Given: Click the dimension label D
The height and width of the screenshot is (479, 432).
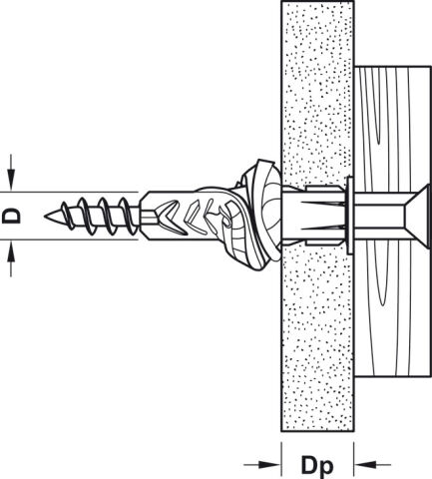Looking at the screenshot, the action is (x=11, y=216).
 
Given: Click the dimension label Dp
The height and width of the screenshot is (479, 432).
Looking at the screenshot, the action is (x=316, y=466).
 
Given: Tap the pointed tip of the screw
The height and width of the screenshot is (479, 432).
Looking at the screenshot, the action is (x=45, y=216).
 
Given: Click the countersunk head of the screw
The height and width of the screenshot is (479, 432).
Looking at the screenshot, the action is (x=416, y=216).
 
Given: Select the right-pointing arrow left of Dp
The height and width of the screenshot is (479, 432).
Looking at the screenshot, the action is (x=261, y=464).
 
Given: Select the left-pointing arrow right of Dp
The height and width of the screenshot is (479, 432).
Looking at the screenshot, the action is (x=372, y=464).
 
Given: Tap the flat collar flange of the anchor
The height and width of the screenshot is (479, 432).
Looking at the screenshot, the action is (x=349, y=216).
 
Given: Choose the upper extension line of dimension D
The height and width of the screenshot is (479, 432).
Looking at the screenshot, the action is (x=69, y=192).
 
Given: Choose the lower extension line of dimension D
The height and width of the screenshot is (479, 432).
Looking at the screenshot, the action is (x=69, y=239).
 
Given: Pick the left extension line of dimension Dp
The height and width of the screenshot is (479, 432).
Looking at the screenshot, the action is (x=281, y=460).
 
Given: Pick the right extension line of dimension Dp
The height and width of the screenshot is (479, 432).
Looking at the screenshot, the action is (x=354, y=460).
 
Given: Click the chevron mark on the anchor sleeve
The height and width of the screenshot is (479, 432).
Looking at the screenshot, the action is (x=172, y=217).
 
